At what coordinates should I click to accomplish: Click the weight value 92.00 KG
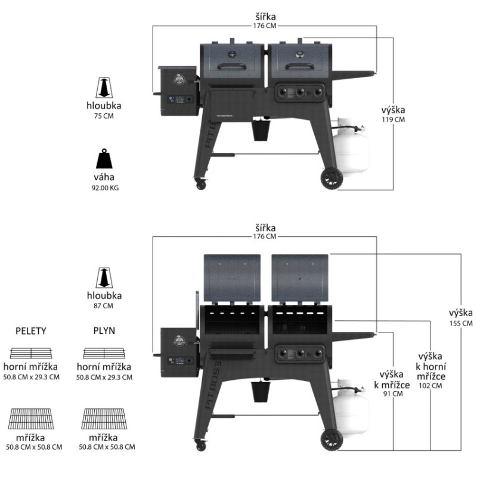click(x=105, y=188)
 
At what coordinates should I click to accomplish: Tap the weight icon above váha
click(x=105, y=159)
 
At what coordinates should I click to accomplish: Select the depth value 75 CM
click(x=105, y=116)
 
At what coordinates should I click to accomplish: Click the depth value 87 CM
click(x=105, y=306)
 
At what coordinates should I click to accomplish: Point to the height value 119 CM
click(x=393, y=119)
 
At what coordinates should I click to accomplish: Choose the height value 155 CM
click(x=461, y=323)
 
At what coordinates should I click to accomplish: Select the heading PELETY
click(x=32, y=330)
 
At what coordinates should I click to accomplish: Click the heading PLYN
click(x=105, y=330)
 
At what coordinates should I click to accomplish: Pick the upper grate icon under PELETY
click(x=32, y=352)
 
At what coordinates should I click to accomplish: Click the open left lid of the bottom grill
click(x=233, y=278)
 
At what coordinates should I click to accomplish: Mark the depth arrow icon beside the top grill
click(x=105, y=88)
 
